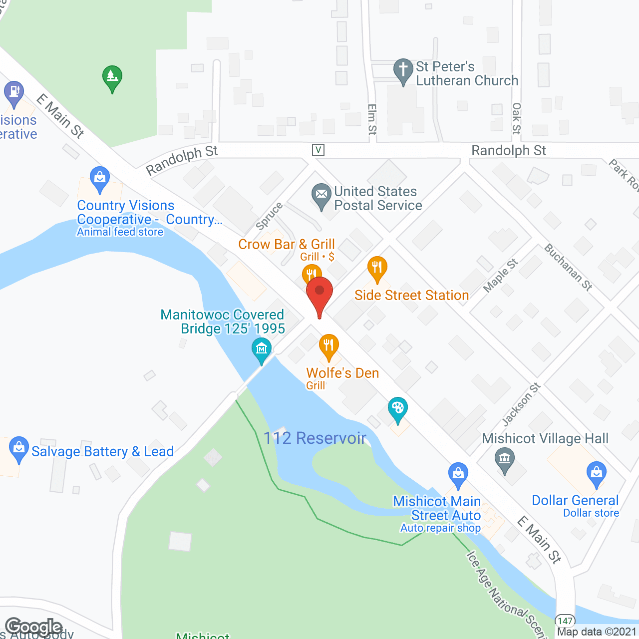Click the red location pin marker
click(x=319, y=292)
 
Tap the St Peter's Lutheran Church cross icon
click(x=403, y=70)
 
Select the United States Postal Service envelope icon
click(x=321, y=195)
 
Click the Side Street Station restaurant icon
click(x=377, y=268)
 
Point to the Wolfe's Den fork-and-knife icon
click(x=328, y=345)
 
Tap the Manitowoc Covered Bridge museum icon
click(x=262, y=349)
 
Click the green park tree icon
click(x=112, y=77)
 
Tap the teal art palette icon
click(x=397, y=409)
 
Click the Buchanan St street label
click(x=568, y=267)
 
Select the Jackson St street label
click(x=521, y=404)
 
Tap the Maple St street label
click(x=500, y=276)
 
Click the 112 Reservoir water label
click(x=315, y=438)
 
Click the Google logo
click(x=33, y=627)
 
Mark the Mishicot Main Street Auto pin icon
click(x=458, y=474)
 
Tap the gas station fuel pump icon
click(x=13, y=93)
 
